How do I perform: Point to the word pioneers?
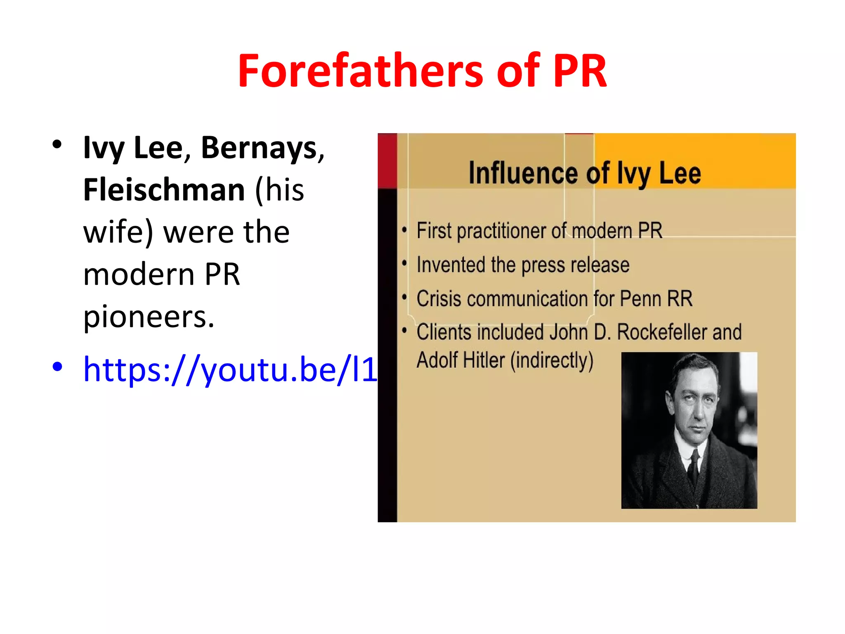(149, 317)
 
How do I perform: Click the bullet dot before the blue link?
(57, 367)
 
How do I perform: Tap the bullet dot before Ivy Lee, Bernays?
(57, 144)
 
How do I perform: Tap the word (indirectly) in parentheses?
(552, 360)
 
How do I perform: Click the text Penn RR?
(656, 299)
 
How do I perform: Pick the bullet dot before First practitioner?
(404, 230)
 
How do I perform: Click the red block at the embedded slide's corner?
(387, 161)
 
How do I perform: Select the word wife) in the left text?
(118, 232)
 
